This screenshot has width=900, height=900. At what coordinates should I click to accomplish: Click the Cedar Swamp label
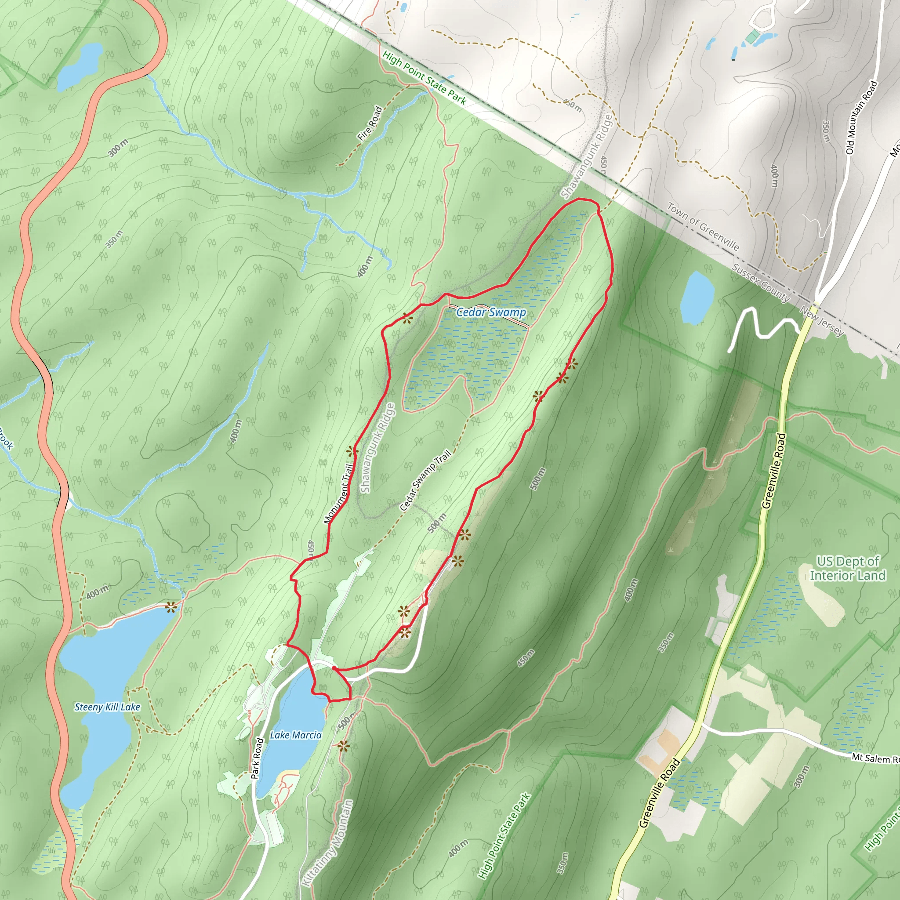pos(490,312)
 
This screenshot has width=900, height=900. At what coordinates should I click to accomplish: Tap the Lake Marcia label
pos(295,735)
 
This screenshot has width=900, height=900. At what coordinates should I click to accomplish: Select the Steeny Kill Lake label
pos(107,707)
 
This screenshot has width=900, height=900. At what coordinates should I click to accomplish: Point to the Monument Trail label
pos(339,494)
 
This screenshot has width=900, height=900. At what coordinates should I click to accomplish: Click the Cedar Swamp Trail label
pos(425,480)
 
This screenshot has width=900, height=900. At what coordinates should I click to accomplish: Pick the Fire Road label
pos(370,124)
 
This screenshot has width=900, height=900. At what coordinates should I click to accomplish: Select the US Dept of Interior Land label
pos(847,568)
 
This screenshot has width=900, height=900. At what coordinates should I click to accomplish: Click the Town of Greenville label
pos(703,226)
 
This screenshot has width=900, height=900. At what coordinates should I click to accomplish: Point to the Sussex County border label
pos(760,283)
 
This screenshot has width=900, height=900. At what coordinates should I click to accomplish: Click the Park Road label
pos(257,758)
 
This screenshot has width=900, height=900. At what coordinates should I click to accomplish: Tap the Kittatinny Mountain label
pos(328,843)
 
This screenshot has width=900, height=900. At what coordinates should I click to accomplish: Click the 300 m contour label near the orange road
pos(117,148)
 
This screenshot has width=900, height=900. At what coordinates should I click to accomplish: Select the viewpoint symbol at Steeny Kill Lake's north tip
pos(171,606)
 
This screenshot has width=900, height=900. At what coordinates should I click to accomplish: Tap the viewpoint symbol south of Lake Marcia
pos(343,746)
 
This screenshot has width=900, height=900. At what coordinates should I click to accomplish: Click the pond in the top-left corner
pos(79,67)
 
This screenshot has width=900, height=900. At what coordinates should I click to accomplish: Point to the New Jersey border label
pos(822,321)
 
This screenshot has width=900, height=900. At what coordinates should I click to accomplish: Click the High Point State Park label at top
pos(424,78)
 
